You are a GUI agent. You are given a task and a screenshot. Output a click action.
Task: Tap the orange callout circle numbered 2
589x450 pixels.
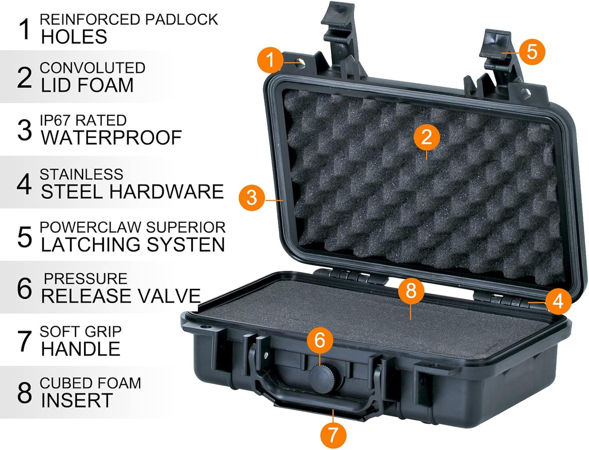pyautogui.click(x=426, y=137)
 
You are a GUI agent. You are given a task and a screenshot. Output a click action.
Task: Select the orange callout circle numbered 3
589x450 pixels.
pyautogui.click(x=251, y=197)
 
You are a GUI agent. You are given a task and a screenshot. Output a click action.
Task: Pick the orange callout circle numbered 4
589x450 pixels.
pyautogui.click(x=558, y=301)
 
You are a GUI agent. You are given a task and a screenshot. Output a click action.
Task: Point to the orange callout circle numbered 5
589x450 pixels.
pyautogui.click(x=532, y=52)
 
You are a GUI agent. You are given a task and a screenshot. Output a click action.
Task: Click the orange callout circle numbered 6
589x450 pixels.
pyautogui.click(x=320, y=340)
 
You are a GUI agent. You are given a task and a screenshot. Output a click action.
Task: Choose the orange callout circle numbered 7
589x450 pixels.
pyautogui.click(x=333, y=434)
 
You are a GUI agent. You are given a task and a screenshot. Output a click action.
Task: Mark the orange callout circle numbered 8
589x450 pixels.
pyautogui.click(x=411, y=291)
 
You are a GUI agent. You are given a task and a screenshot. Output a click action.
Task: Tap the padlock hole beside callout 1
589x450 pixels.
pyautogui.click(x=301, y=63)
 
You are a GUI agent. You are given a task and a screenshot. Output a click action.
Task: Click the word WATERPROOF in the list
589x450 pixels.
pyautogui.click(x=111, y=138)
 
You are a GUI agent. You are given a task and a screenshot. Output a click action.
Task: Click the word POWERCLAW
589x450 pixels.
pyautogui.click(x=90, y=227)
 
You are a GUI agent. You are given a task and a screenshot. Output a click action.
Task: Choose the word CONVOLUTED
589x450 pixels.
pyautogui.click(x=93, y=68)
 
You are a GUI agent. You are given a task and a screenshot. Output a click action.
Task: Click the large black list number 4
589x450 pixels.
pyautogui.click(x=24, y=184)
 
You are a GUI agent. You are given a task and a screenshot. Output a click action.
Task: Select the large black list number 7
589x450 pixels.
pyautogui.click(x=24, y=341)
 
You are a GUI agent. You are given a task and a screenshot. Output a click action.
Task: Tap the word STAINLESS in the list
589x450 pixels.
pyautogui.click(x=82, y=175)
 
